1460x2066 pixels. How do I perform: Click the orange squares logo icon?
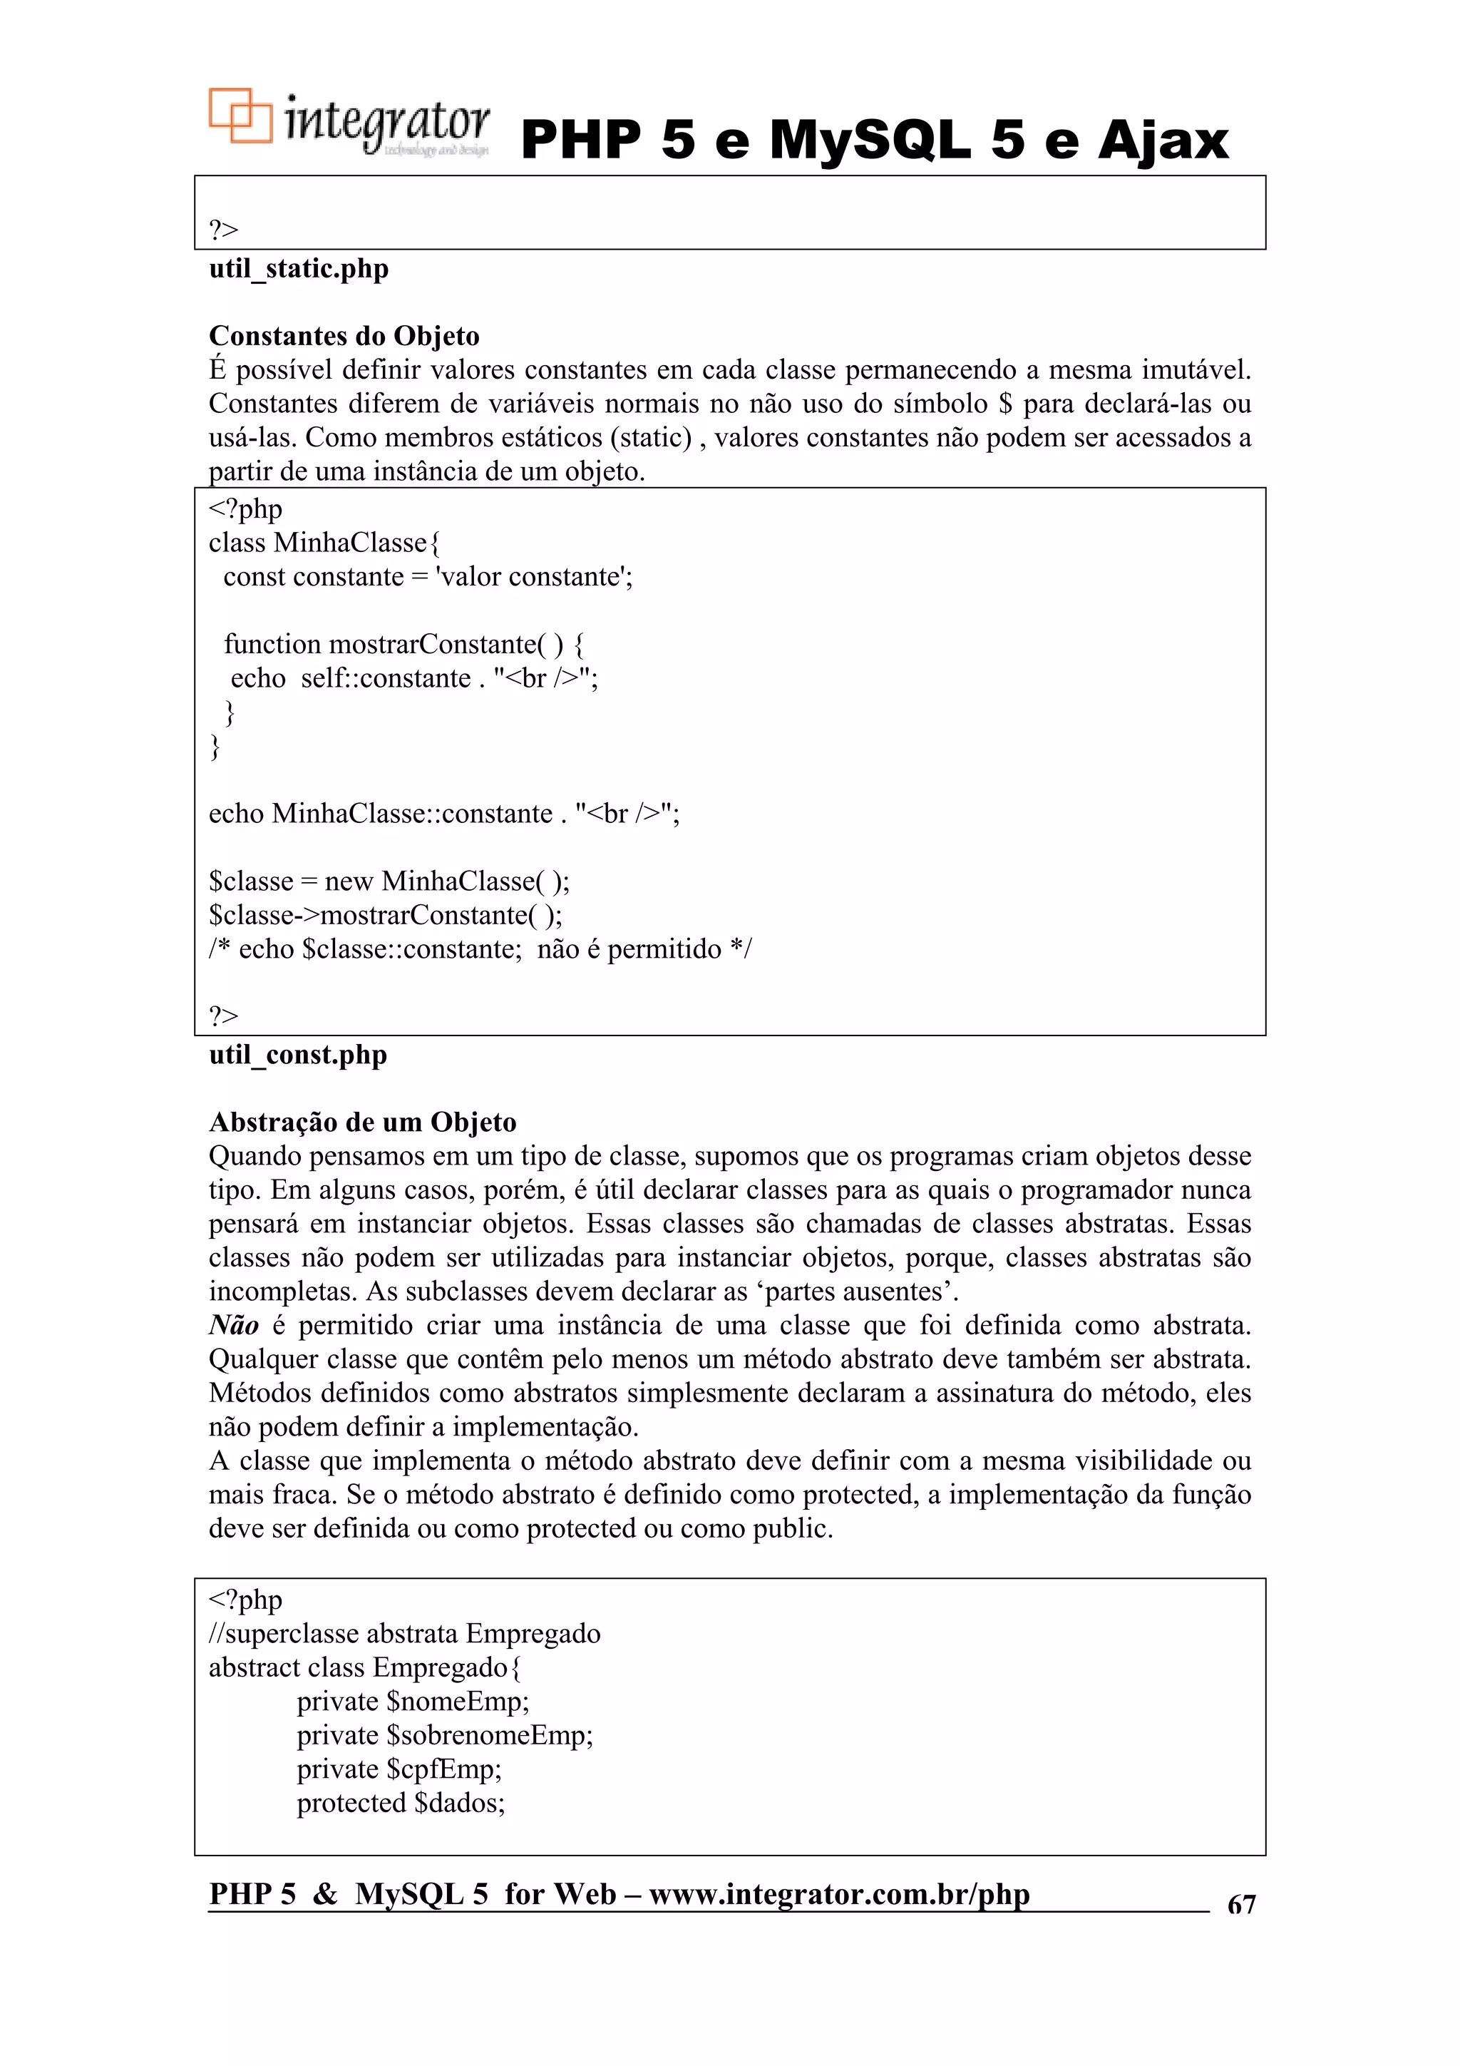(x=240, y=116)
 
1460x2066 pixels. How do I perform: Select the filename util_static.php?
(x=299, y=269)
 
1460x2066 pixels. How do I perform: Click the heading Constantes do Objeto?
(x=344, y=337)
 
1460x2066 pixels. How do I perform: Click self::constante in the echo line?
(x=386, y=678)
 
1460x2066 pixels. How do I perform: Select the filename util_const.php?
(x=298, y=1055)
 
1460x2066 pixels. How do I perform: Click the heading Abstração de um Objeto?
(x=363, y=1123)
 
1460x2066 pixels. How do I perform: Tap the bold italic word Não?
(x=234, y=1326)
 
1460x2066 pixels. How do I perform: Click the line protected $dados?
(x=401, y=1804)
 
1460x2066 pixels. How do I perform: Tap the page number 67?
(x=1240, y=1905)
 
